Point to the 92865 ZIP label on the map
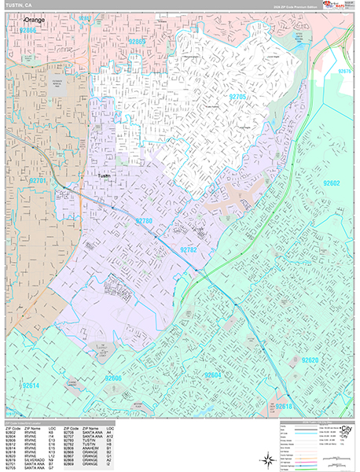coord(138,41)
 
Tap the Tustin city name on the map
coord(104,176)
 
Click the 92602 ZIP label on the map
coord(329,183)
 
